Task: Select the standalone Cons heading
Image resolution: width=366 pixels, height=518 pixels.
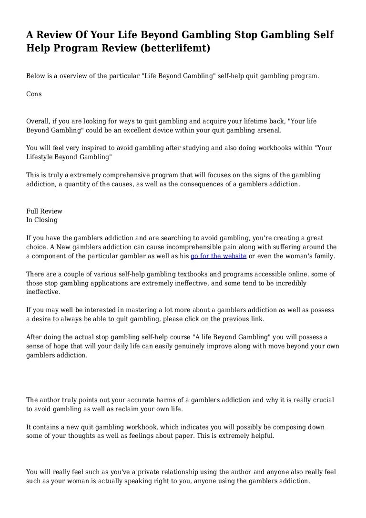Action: click(x=34, y=94)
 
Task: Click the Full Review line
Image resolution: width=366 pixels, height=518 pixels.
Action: click(x=44, y=211)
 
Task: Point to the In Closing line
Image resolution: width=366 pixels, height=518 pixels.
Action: click(x=42, y=220)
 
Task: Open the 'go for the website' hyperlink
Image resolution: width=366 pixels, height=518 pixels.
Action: click(x=218, y=256)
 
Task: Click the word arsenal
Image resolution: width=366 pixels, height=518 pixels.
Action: click(x=268, y=130)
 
